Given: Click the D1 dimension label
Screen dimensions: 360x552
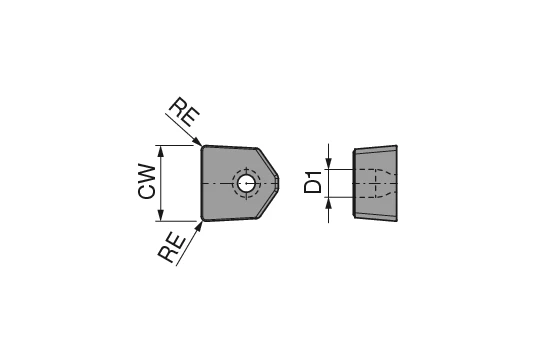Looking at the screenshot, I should [x=314, y=182].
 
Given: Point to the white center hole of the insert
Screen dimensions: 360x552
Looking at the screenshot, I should [x=246, y=183].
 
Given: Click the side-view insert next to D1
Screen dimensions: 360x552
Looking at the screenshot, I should [x=376, y=182].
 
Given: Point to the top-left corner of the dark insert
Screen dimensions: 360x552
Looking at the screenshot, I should [x=203, y=147].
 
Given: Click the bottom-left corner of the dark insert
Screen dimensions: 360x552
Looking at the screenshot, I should [x=203, y=218].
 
